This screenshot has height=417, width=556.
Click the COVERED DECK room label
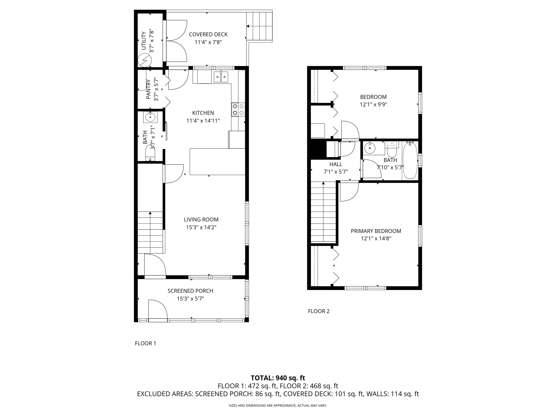[x=208, y=34]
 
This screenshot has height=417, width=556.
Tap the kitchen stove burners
[x=238, y=110]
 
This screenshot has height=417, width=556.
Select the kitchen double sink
[x=221, y=77]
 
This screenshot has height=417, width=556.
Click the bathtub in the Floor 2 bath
[x=410, y=160]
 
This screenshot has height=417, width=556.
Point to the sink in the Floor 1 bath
[x=150, y=117]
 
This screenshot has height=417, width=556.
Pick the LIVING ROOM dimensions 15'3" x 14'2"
[x=201, y=227]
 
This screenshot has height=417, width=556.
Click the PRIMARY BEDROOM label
[x=376, y=231]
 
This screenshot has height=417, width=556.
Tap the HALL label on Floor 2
[x=336, y=164]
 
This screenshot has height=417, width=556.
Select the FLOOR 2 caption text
[x=319, y=311]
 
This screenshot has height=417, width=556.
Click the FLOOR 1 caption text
[x=146, y=343]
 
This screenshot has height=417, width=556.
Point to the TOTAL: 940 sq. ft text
[x=278, y=378]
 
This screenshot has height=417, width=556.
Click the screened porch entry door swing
[x=157, y=309]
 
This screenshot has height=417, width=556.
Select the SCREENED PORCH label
[x=190, y=291]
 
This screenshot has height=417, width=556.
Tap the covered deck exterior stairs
[x=259, y=26]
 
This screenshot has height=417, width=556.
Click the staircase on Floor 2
[x=323, y=212]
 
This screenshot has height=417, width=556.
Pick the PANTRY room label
[x=148, y=89]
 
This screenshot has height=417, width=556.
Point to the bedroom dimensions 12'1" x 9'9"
[x=373, y=105]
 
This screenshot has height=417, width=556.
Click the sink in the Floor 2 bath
[x=369, y=148]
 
